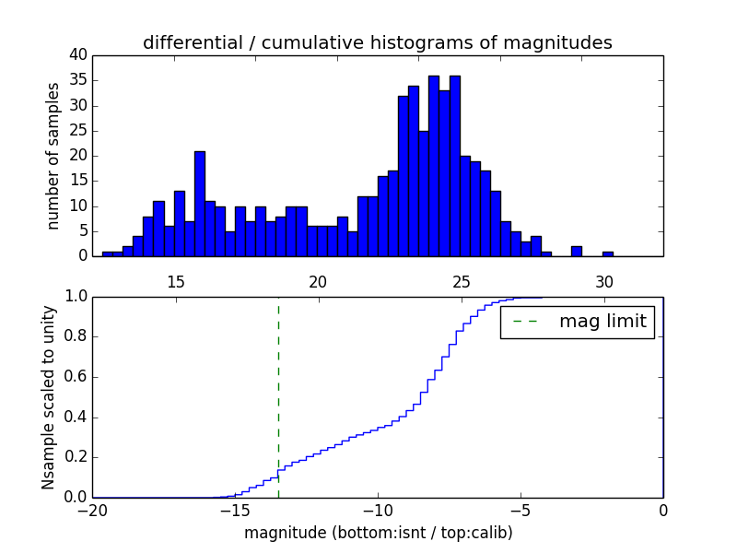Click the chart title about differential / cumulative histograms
point(377,42)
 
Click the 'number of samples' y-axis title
point(53,156)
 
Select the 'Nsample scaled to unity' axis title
point(48,396)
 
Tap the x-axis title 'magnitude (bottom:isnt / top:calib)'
point(378,533)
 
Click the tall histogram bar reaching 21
point(200,204)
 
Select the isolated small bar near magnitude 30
point(608,253)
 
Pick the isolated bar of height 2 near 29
point(577,251)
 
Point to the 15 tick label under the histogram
point(175,282)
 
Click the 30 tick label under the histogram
point(604,282)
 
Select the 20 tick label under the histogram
point(318,282)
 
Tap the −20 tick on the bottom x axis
point(92,511)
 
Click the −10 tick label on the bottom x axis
point(377,511)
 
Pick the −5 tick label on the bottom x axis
point(520,511)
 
